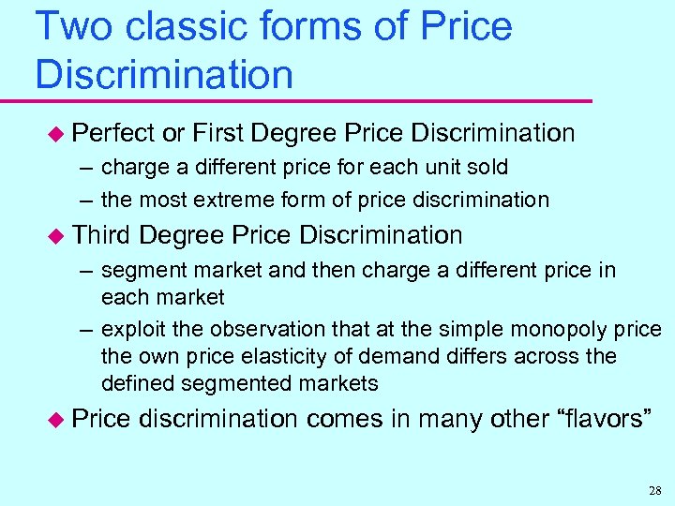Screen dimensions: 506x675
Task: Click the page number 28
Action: [x=653, y=490]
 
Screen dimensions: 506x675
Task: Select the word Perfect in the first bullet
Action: [x=113, y=134]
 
